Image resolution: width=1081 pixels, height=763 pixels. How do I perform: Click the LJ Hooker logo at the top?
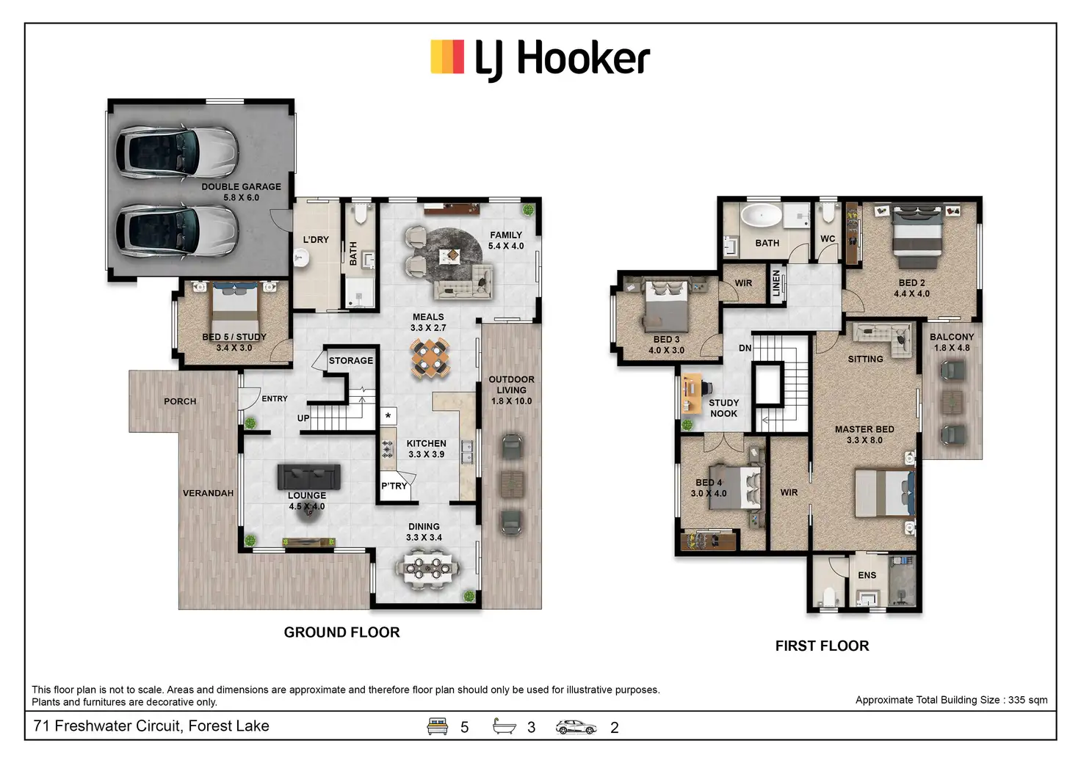click(x=540, y=59)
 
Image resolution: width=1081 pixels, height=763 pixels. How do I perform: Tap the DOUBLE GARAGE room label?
click(x=241, y=186)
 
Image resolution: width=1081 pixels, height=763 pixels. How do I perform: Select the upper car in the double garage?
click(x=177, y=150)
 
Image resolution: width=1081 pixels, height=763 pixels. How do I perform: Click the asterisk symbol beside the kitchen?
click(x=388, y=416)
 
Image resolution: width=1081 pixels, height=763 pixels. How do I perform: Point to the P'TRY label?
click(x=394, y=486)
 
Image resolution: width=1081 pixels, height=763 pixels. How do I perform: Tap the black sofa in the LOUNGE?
click(x=308, y=477)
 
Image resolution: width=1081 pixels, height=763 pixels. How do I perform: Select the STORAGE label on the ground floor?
click(x=350, y=360)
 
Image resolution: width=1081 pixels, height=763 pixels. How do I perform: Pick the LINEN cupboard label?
click(x=776, y=283)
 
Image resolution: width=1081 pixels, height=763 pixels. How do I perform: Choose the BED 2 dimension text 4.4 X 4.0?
click(x=911, y=293)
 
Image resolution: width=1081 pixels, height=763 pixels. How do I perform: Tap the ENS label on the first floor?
click(x=867, y=575)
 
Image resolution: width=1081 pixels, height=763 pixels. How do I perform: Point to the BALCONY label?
click(x=951, y=337)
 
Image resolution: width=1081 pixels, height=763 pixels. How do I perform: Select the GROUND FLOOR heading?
click(x=341, y=632)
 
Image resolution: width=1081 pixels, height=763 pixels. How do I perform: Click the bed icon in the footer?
click(x=438, y=726)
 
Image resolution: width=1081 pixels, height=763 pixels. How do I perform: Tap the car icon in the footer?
click(x=576, y=727)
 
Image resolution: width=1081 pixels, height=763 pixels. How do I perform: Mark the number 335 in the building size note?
click(x=1016, y=700)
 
